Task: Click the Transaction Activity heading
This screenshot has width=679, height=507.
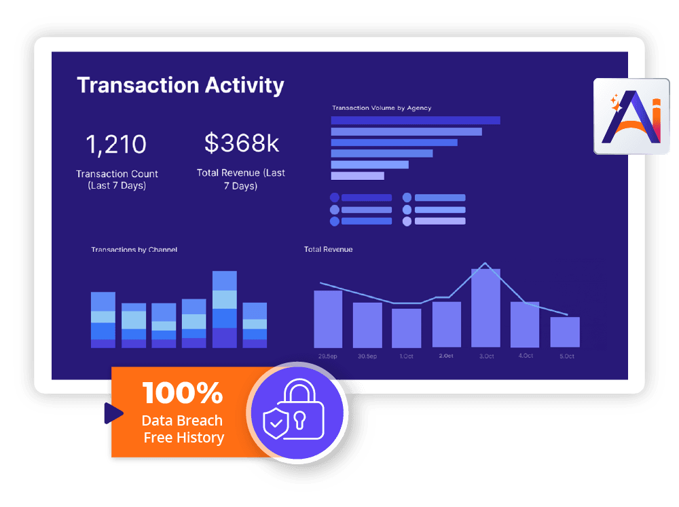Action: [x=180, y=86]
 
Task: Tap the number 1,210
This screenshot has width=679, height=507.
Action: [x=116, y=145]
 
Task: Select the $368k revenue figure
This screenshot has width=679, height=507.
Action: [x=242, y=143]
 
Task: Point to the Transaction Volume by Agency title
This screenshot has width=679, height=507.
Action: [x=382, y=108]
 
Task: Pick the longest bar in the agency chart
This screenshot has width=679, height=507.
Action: [x=416, y=120]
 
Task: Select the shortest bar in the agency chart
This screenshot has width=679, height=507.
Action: [x=357, y=176]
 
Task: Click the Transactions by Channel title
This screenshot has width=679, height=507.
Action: [x=134, y=250]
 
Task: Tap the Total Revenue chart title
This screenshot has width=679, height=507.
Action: [x=328, y=250]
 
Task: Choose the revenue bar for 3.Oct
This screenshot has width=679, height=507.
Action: [x=485, y=308]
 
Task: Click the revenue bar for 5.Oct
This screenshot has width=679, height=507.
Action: [x=565, y=332]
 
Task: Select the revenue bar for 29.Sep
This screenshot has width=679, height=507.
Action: [x=328, y=318]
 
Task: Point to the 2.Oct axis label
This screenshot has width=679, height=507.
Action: [x=446, y=356]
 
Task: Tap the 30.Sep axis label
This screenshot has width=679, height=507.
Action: [x=367, y=356]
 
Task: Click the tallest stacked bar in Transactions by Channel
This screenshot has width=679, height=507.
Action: [x=225, y=309]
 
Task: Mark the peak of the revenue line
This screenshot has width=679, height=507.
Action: [x=485, y=263]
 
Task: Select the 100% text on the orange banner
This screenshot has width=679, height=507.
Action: [x=182, y=393]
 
